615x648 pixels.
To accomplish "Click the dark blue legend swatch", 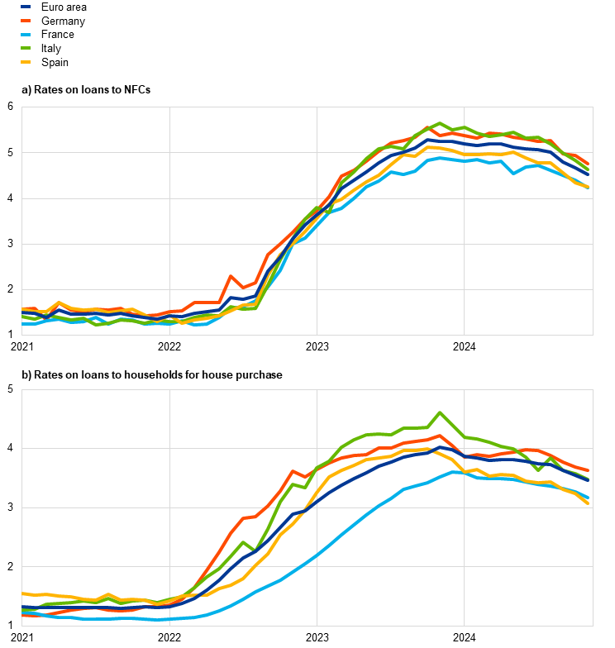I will [26, 6].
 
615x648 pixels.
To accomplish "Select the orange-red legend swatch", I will [26, 20].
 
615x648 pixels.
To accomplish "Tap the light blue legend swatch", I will [26, 34].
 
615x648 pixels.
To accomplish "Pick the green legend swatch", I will [26, 48].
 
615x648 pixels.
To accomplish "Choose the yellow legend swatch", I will [26, 62].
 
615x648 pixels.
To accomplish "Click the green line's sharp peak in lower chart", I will [440, 412].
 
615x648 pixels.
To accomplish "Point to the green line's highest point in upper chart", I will [440, 123].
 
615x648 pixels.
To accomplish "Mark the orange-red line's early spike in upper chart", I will [231, 276].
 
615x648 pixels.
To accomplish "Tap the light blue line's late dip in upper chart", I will [513, 174].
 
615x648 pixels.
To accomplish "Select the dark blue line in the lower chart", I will [347, 485].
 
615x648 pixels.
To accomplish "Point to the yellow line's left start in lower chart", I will [22, 593].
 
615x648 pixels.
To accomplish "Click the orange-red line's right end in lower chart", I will [588, 470].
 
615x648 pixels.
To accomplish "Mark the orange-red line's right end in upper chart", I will [588, 164].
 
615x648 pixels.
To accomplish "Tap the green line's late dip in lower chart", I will [538, 470].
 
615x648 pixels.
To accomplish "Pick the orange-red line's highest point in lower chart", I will [440, 436].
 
